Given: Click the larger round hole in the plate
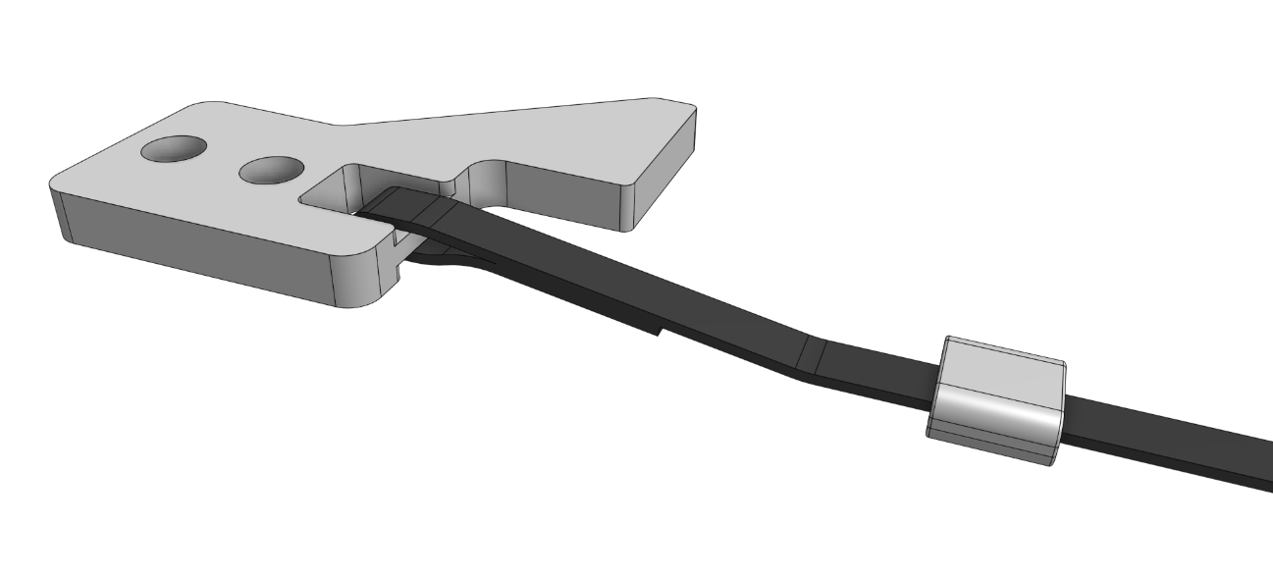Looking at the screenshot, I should click(x=174, y=149).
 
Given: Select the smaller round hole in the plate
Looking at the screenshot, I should click(x=271, y=170).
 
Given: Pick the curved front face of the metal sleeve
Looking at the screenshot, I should click(x=993, y=416).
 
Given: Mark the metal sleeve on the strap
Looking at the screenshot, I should click(x=996, y=397).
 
